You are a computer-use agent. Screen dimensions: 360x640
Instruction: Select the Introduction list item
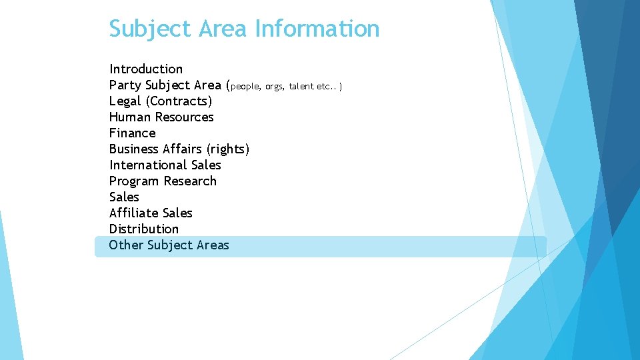(146, 69)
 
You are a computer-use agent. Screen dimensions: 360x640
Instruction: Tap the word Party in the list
(125, 85)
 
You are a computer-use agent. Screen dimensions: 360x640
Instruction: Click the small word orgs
(274, 87)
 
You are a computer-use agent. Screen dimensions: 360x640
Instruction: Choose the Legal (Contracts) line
(161, 101)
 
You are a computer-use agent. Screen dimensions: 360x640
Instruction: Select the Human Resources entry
(161, 117)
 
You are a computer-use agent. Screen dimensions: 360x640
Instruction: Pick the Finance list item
(132, 133)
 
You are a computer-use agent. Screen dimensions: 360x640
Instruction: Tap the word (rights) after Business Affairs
(228, 149)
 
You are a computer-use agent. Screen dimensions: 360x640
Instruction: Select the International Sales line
(165, 165)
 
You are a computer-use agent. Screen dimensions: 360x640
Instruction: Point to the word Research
(190, 181)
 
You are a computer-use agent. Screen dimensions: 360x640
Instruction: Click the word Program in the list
(135, 181)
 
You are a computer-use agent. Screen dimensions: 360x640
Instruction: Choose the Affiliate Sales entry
(151, 213)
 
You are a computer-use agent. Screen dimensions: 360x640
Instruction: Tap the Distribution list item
(144, 229)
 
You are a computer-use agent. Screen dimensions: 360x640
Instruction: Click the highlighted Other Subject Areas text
(169, 245)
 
